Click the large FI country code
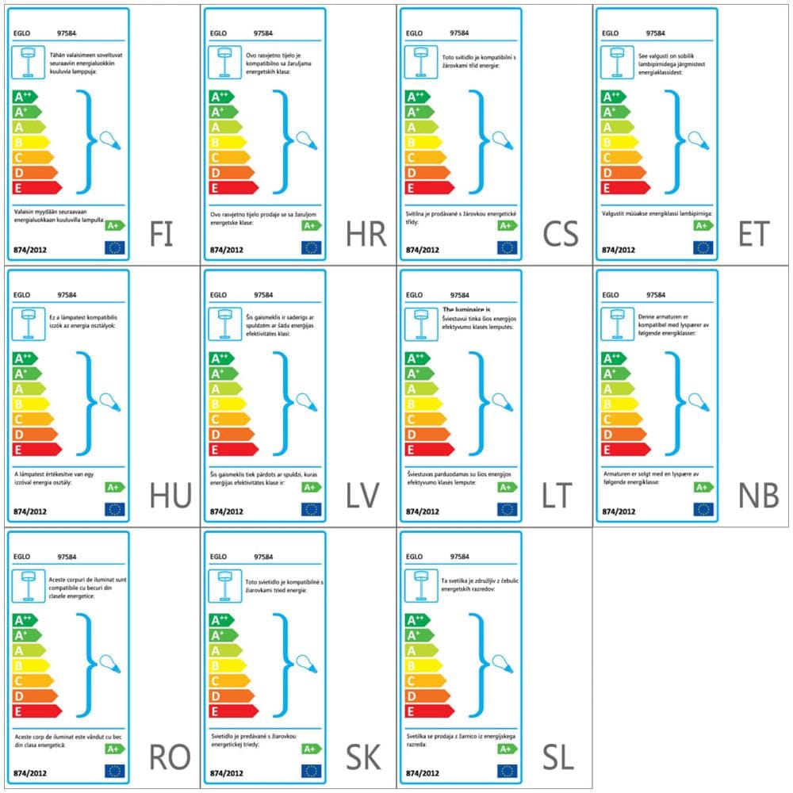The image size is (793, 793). [x=162, y=235]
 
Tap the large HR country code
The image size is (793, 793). [x=366, y=235]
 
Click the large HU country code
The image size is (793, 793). [x=170, y=496]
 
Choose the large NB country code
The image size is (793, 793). [x=759, y=496]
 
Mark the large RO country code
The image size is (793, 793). [x=170, y=758]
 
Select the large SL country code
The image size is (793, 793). [x=558, y=758]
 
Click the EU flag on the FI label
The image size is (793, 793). [x=115, y=247]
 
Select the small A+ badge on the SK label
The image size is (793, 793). [x=311, y=749]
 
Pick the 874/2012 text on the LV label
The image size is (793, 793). [x=227, y=511]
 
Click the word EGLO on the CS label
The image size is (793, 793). [x=414, y=34]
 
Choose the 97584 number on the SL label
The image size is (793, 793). [x=459, y=557]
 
